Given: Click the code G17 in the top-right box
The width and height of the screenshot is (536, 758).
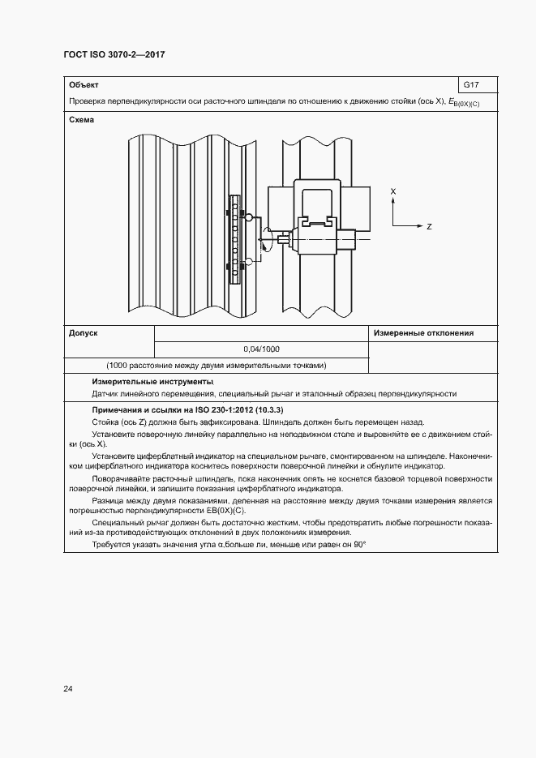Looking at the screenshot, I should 470,84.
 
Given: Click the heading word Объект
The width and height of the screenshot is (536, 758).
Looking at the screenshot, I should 84,84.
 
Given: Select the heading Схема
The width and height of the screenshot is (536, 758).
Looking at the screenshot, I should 82,120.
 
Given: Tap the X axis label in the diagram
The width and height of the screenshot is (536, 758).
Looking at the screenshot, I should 393,191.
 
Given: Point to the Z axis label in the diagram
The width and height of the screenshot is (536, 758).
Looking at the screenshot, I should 429,227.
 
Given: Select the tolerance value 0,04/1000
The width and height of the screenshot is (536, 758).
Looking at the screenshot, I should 261,349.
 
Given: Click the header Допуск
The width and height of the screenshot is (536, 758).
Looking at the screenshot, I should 84,332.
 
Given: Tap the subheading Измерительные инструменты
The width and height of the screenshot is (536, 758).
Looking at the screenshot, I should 152,381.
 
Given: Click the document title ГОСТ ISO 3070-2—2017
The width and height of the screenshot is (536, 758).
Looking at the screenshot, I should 119,54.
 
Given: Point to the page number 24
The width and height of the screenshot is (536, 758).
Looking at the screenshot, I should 68,689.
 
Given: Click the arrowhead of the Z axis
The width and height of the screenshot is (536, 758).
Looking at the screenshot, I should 419,227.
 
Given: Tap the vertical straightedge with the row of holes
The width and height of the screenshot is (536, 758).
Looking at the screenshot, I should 234,238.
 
